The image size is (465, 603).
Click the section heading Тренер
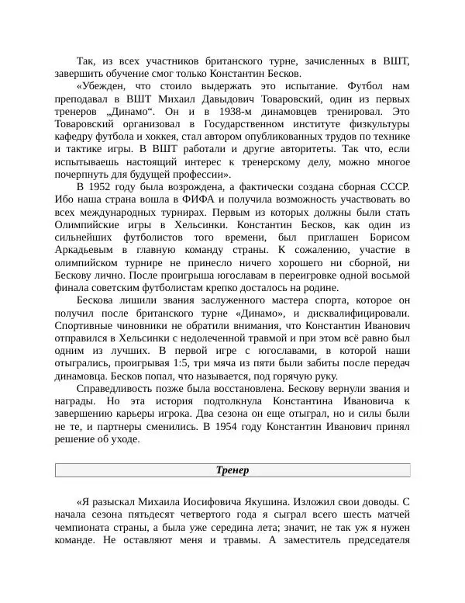coord(232,471)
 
